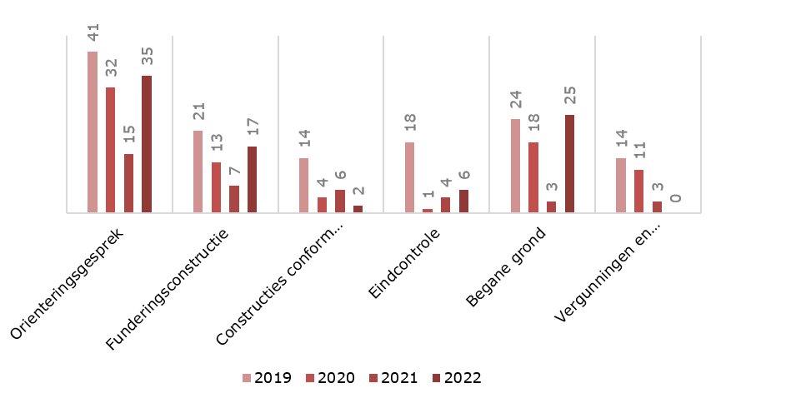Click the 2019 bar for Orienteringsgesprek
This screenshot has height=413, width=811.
pos(93,132)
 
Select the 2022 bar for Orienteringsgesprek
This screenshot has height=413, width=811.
pos(147,144)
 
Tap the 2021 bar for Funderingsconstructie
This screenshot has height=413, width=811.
pos(234,199)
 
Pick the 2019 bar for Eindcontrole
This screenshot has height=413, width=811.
pos(409,177)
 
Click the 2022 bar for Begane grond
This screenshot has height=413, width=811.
pos(569,163)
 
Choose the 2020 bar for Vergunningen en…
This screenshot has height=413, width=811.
pos(638,191)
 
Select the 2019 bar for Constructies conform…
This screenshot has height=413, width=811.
pos(303,185)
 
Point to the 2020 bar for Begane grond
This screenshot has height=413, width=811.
pos(533,177)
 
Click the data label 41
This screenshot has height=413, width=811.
pos(93,32)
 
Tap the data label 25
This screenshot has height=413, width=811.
pos(570,96)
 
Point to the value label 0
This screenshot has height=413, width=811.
pos(675,198)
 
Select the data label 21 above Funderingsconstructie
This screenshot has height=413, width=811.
pos(198,112)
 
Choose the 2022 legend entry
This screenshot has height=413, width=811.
pos(457,378)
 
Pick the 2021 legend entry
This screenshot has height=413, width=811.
pos(393,378)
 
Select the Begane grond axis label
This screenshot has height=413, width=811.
pos(508,266)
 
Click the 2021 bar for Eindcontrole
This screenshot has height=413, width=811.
pos(445,205)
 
